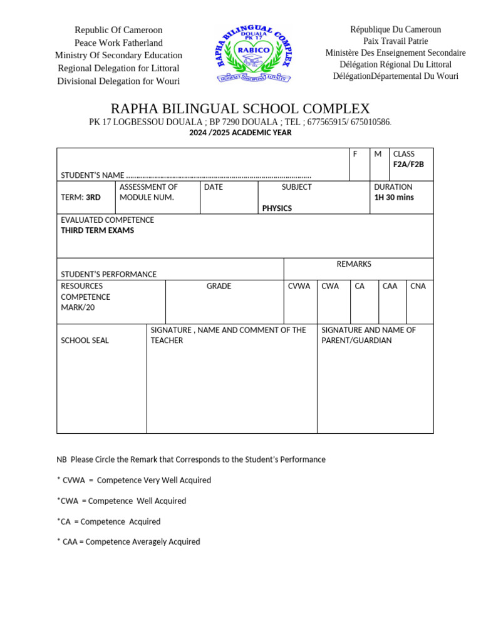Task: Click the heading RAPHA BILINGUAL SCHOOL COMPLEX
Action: click(x=240, y=109)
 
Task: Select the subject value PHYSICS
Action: click(x=277, y=208)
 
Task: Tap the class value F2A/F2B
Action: click(x=408, y=165)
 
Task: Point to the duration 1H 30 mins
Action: click(x=393, y=197)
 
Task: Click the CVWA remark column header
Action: click(x=299, y=286)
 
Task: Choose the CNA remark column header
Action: click(x=418, y=286)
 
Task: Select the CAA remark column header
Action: click(x=390, y=286)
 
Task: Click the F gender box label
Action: click(x=355, y=154)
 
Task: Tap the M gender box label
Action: click(x=378, y=154)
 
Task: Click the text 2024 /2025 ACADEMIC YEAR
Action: click(x=240, y=133)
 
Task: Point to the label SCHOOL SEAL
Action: click(x=85, y=341)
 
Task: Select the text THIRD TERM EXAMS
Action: click(x=97, y=230)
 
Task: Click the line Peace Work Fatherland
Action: click(x=118, y=43)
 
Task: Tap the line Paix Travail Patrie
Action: click(x=395, y=41)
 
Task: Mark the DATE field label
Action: click(x=213, y=187)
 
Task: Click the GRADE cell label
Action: click(x=219, y=286)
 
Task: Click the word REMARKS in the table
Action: click(x=354, y=264)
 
